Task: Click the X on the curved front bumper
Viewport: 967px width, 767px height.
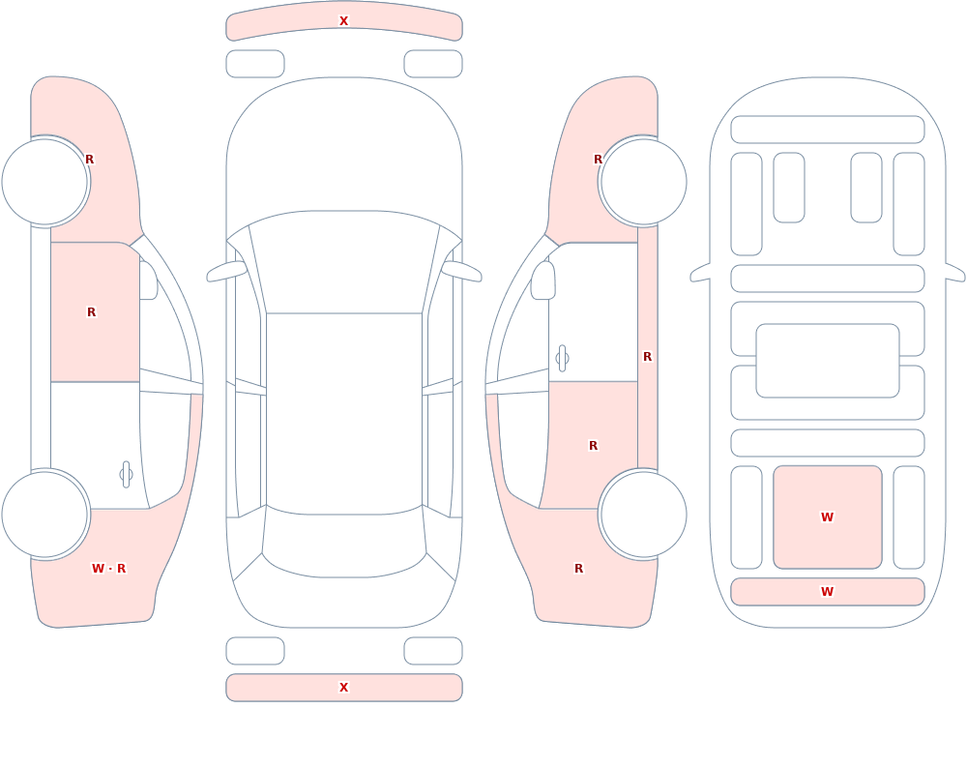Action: (343, 21)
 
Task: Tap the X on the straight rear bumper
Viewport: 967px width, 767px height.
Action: (343, 688)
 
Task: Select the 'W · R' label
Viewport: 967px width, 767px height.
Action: (108, 569)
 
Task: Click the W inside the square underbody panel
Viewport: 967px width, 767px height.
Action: (827, 517)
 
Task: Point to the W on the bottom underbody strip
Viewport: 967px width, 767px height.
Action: (827, 592)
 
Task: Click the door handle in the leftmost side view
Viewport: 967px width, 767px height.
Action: (126, 475)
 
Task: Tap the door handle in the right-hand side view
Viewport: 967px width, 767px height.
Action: (562, 359)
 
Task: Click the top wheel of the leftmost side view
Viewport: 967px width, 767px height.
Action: (45, 182)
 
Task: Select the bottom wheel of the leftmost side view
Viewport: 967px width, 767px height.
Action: (45, 514)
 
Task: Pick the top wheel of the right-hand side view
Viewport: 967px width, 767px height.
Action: (643, 182)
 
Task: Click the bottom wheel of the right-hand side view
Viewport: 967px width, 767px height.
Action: (643, 514)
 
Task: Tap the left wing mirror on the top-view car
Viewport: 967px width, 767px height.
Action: (226, 271)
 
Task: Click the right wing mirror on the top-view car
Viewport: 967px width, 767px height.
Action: (461, 271)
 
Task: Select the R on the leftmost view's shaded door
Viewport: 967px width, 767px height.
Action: (91, 312)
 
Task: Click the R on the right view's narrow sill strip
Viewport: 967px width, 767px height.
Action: (647, 357)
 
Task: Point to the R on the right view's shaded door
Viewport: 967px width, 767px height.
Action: (594, 446)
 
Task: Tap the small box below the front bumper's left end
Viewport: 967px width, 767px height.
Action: (255, 64)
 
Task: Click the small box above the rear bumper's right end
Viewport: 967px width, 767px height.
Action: (433, 651)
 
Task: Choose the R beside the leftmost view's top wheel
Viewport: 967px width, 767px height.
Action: (89, 160)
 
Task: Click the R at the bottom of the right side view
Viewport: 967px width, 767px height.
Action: (578, 569)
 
